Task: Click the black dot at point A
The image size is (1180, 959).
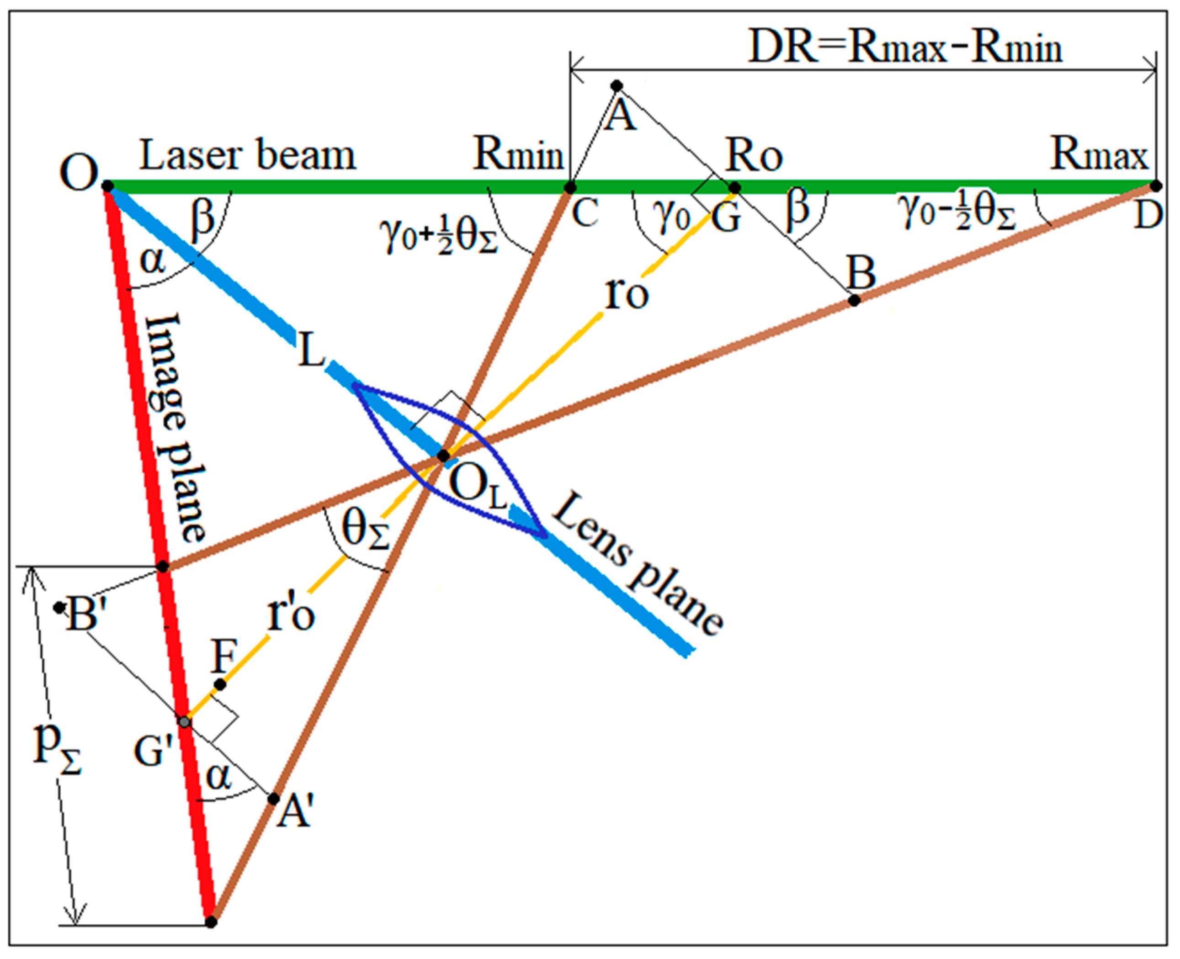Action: tap(617, 85)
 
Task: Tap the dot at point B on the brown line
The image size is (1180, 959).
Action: tap(854, 301)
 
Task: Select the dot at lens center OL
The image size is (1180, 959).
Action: tap(443, 456)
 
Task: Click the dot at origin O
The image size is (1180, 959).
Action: tap(108, 186)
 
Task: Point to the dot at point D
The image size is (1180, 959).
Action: tap(1156, 186)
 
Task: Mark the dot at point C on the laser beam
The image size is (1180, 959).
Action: tap(569, 188)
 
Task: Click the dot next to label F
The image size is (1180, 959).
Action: tap(220, 684)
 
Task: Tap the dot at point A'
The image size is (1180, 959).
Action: tap(273, 798)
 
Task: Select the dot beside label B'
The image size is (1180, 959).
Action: tap(58, 608)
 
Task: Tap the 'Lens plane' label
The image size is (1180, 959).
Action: tap(638, 563)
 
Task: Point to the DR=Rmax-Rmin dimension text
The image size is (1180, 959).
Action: tap(904, 48)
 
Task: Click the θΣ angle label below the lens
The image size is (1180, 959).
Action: tap(365, 530)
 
